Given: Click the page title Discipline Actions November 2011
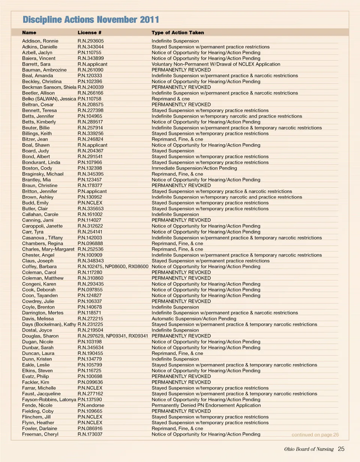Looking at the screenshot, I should pos(91,19).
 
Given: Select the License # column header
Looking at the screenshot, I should pos(90,33).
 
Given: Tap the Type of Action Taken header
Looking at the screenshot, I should pos(178,33).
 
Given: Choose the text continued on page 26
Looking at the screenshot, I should pos(315,435).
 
